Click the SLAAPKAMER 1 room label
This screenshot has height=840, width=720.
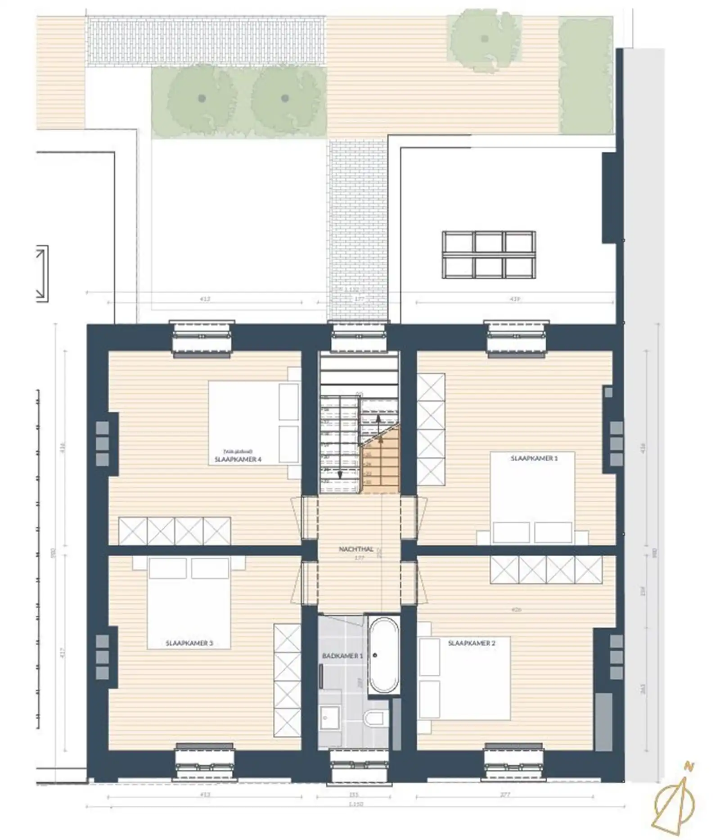534,458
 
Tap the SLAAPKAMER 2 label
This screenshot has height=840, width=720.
471,643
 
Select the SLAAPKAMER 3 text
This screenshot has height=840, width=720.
189,643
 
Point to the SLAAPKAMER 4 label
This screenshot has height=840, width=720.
238,459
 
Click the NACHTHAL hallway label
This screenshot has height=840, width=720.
355,549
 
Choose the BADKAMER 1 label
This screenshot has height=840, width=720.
342,656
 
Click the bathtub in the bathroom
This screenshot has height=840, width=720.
383,655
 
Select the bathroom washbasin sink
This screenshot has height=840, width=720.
330,717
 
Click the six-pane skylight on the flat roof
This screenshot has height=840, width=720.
489,254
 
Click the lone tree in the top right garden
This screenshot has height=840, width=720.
484,39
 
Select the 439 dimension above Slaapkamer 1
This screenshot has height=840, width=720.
515,299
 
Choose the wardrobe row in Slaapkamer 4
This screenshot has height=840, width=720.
175,531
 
